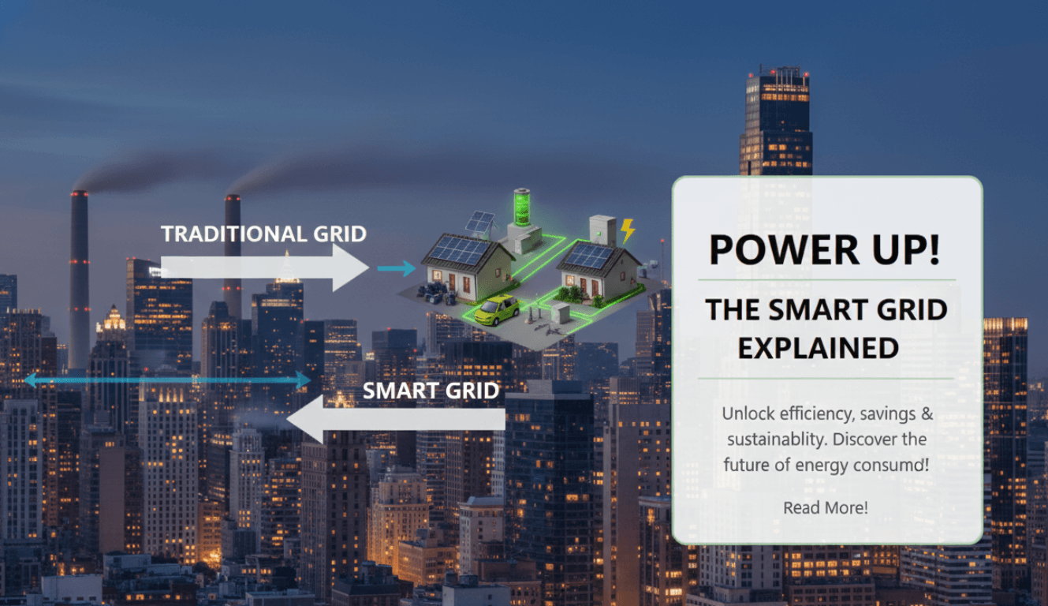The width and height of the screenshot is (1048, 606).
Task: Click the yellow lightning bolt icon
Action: click(x=628, y=231)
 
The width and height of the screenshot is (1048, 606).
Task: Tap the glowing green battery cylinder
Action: click(x=522, y=208)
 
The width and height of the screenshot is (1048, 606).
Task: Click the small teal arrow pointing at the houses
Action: click(x=396, y=269)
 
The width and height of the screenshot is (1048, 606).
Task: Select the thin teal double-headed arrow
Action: click(x=167, y=380)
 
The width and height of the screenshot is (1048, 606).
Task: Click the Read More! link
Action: click(x=826, y=507)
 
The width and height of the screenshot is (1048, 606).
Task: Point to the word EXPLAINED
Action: click(x=819, y=347)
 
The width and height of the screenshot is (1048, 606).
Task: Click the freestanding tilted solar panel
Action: click(x=480, y=223)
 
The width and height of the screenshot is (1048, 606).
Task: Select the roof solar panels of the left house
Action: click(x=457, y=252)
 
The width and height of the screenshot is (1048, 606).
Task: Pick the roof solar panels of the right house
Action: click(x=590, y=255)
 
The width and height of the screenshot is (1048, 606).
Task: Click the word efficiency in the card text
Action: click(x=813, y=413)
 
